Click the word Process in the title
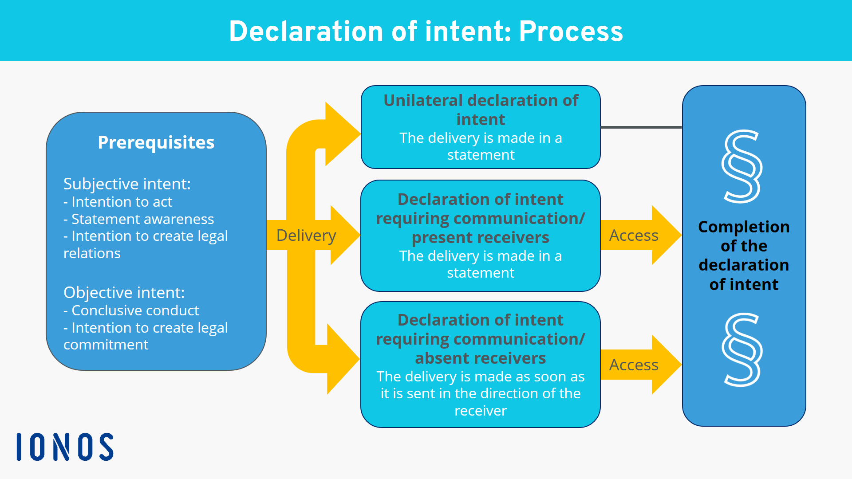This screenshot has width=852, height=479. click(571, 31)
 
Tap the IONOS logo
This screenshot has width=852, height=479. click(65, 447)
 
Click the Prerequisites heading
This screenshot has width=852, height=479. click(156, 142)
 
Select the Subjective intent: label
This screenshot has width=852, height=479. click(127, 184)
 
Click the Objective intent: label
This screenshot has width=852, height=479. click(124, 292)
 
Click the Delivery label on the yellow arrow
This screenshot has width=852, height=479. click(306, 235)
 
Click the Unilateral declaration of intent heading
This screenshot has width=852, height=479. click(481, 110)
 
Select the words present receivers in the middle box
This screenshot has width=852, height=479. click(480, 238)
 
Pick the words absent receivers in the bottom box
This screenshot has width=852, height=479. click(480, 358)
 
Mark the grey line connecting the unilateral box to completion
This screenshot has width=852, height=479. click(641, 127)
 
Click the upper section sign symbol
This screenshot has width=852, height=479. click(742, 166)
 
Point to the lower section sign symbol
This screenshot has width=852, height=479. click(742, 349)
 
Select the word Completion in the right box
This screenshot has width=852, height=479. click(744, 227)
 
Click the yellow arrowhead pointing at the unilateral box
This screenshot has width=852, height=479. click(342, 133)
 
